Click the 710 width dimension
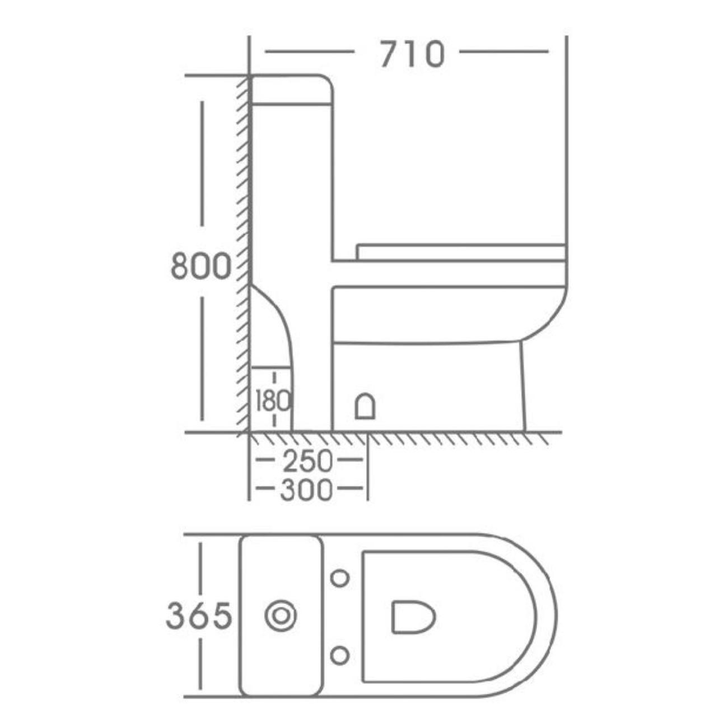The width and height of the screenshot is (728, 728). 412,54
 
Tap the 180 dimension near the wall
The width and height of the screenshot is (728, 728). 273,400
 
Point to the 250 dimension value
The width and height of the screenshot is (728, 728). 307,462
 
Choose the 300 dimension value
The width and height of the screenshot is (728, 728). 307,491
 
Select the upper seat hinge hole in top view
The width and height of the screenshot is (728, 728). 340,577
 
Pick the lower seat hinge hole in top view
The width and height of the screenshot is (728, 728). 340,655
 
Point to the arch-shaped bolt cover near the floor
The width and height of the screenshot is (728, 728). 366,406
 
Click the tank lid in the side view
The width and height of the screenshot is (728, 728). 291,90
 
